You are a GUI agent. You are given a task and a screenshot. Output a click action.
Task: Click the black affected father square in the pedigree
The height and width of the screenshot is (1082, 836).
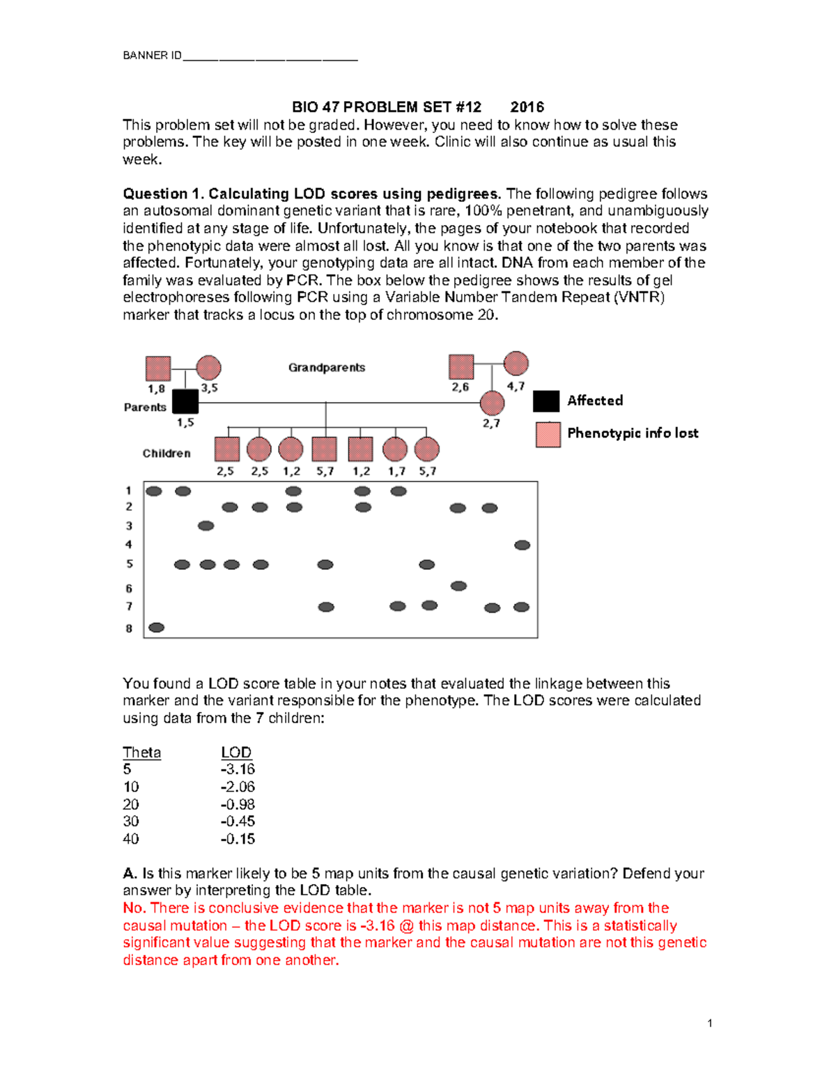coord(185,401)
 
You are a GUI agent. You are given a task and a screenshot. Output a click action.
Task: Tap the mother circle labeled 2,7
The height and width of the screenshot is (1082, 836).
coord(492,403)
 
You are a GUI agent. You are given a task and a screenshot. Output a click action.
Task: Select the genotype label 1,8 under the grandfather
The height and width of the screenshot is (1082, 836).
coord(156,389)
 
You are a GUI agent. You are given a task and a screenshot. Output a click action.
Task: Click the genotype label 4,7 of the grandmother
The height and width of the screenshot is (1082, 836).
coord(516,386)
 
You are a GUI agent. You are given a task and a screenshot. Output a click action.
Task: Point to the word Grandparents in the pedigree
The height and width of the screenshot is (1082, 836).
coord(327,367)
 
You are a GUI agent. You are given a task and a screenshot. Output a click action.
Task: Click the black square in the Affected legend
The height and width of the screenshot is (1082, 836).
coord(546,401)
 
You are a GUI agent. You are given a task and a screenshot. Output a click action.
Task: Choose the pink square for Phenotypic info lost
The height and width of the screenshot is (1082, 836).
coord(548,434)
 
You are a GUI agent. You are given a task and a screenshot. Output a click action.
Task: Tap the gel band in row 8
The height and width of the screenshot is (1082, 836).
coord(157,628)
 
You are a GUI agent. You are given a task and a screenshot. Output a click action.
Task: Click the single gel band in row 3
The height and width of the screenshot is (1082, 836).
coord(206,526)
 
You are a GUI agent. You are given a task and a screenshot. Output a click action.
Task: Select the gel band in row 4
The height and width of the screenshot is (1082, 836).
coord(522,545)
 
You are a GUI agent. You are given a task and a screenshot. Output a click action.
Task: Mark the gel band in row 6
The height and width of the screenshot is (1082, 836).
coord(458,586)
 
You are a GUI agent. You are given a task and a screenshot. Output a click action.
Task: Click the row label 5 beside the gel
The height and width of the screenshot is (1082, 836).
coord(129,564)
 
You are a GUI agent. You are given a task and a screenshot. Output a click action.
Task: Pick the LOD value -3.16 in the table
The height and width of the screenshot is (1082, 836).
coord(238,769)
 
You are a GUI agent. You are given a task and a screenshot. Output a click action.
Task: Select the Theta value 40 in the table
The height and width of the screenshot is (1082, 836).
coord(131,839)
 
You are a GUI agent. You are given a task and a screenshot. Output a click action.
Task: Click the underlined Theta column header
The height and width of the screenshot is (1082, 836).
coord(141,752)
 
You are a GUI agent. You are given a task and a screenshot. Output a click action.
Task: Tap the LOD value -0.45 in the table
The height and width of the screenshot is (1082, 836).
coord(238,821)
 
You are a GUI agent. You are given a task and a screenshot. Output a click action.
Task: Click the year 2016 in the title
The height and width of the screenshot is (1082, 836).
coord(527,107)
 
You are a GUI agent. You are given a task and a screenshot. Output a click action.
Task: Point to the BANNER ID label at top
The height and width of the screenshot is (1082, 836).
coord(152,55)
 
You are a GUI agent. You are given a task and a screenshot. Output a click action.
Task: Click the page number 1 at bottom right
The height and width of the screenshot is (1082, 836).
coord(709,1023)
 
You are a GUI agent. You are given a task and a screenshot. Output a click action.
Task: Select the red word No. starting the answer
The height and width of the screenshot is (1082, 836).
coord(134,908)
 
